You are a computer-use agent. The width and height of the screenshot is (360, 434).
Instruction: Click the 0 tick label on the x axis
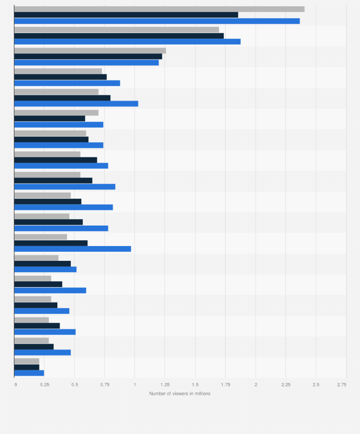point(15,384)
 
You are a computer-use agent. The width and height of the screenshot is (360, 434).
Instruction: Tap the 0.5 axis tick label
point(74,384)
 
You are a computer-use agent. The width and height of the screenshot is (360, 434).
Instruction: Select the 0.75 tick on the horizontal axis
point(105,384)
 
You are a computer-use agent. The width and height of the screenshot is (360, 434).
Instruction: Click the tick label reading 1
point(135,384)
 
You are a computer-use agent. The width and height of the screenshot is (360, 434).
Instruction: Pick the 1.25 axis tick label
point(165,384)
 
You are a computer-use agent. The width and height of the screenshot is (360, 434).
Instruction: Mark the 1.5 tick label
point(195,384)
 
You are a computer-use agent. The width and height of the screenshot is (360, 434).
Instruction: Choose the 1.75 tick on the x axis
point(225,384)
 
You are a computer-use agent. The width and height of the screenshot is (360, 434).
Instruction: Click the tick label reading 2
point(255,384)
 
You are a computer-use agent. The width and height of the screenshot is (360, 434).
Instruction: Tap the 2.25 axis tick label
point(286,384)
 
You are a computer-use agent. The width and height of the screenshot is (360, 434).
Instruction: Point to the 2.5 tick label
point(316,384)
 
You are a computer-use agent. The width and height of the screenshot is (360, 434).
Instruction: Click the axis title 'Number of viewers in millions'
point(180,393)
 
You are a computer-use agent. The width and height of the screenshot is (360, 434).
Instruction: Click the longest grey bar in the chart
point(159,9)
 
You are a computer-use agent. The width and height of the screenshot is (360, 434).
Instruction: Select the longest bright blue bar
point(157,21)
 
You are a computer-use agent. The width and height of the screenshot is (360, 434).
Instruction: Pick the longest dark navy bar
point(126,15)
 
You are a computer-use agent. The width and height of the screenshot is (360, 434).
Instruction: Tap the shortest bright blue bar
point(29,373)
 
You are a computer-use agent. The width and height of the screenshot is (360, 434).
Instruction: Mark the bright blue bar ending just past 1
point(76,103)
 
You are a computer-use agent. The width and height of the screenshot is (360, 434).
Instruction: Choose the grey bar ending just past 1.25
point(90,51)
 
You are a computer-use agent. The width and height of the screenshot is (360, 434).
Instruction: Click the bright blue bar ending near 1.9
point(127,41)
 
